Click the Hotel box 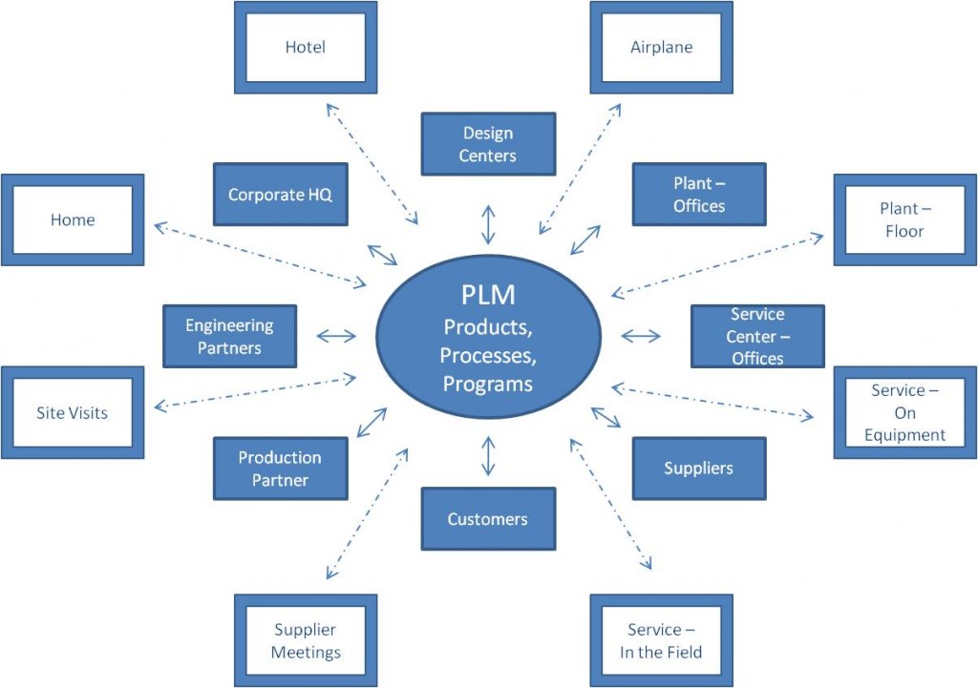306,48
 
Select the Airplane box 661,48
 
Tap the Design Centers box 488,144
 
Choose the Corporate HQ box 281,195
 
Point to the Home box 73,220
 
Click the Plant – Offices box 699,195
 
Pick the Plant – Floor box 905,220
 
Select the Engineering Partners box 229,337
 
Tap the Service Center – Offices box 757,337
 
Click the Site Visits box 73,412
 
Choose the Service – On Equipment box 905,412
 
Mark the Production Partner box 281,469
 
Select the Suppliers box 699,469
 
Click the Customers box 488,519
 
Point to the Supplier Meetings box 306,640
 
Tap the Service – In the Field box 661,640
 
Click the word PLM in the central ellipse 488,295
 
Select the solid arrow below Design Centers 488,224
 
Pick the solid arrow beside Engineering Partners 336,337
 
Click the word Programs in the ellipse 488,384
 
